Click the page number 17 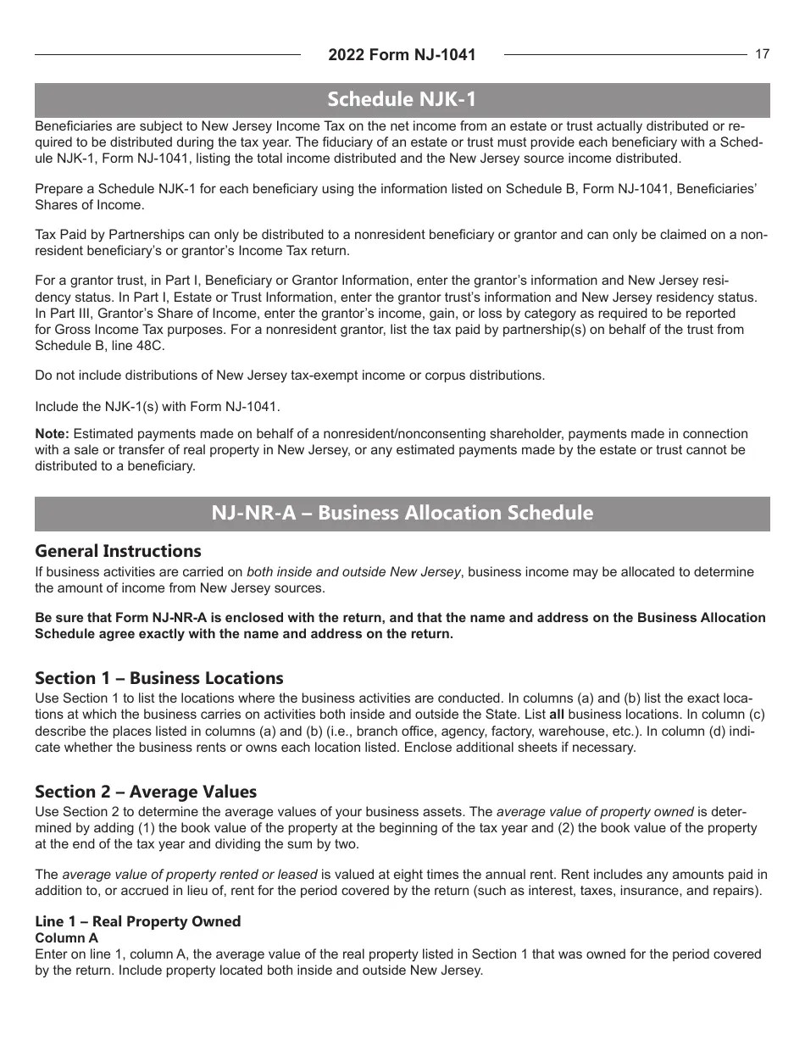[x=762, y=54]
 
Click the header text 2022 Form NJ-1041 [x=402, y=55]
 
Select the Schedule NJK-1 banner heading [x=402, y=100]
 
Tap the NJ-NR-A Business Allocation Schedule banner [x=402, y=514]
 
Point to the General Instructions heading [x=118, y=551]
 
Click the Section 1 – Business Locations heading [x=158, y=678]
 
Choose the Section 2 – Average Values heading [x=145, y=792]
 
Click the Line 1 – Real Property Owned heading [x=137, y=921]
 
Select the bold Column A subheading [x=66, y=938]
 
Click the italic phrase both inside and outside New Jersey [x=353, y=572]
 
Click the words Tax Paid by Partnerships [x=105, y=234]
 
